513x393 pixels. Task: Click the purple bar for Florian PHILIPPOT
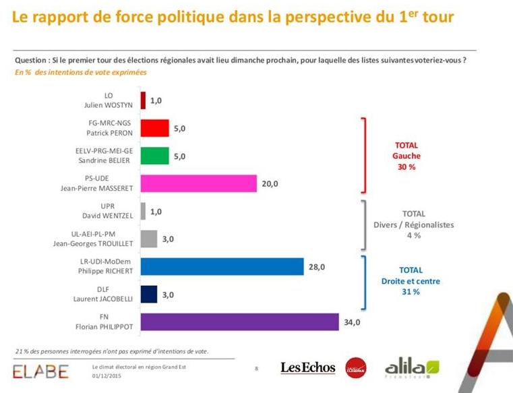(x=239, y=322)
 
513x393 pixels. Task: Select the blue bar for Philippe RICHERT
(x=222, y=266)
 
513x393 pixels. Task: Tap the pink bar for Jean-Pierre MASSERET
(x=199, y=183)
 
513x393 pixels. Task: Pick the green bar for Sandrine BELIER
(x=154, y=156)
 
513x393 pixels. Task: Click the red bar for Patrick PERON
(x=154, y=128)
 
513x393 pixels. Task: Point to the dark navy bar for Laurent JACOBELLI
(x=148, y=295)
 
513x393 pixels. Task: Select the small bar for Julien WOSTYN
(x=143, y=100)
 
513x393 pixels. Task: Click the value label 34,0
(x=353, y=322)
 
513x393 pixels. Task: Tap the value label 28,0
(x=317, y=267)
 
